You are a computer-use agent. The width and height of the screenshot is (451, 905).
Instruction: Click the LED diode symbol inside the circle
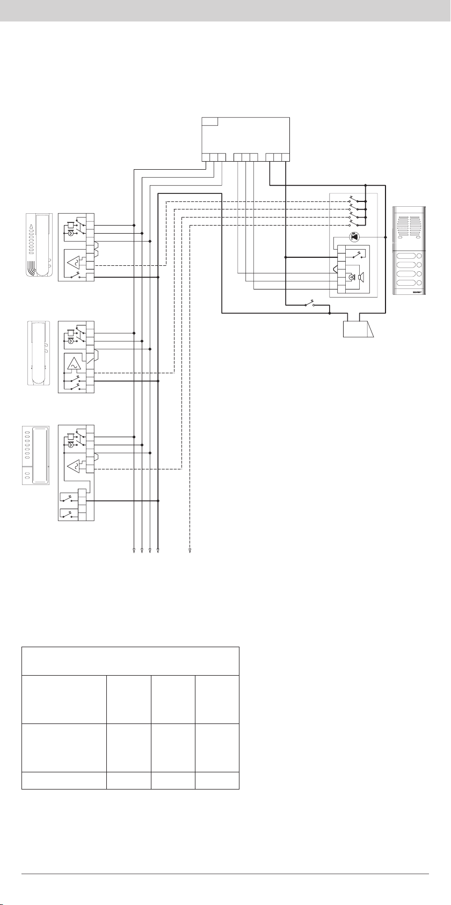pos(354,237)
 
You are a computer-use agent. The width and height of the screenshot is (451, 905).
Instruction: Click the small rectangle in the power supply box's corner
pos(209,121)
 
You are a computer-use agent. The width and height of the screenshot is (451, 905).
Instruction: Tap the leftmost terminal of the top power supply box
pos(206,157)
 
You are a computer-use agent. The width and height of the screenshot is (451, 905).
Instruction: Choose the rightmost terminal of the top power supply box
pos(286,157)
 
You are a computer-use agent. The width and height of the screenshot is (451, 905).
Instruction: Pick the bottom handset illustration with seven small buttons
pos(35,455)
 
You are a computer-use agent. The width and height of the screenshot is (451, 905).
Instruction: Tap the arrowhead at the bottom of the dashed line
pos(190,551)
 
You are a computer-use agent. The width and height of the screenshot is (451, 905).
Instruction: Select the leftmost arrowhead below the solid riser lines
pos(133,551)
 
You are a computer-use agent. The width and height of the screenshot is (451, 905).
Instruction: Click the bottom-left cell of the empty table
pos(64,780)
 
